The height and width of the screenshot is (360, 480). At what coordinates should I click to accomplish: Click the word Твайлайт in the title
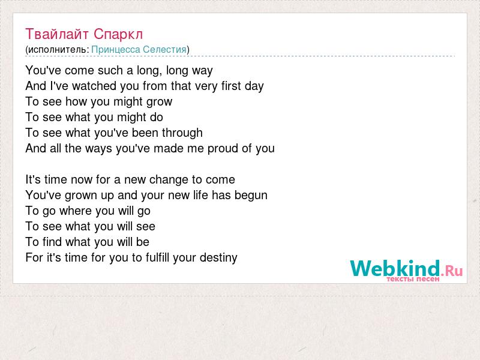(57, 34)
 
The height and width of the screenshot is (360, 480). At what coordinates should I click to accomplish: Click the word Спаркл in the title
(118, 34)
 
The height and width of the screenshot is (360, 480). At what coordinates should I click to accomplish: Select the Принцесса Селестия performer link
(139, 50)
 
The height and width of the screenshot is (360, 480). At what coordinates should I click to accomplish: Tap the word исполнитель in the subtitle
(57, 50)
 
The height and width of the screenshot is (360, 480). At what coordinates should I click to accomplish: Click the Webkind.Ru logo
(406, 270)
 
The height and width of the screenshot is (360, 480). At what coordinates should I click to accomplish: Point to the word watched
(94, 86)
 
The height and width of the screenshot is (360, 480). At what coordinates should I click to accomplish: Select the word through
(182, 133)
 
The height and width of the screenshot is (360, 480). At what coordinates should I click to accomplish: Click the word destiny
(218, 258)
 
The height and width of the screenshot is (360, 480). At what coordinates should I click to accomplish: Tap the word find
(52, 242)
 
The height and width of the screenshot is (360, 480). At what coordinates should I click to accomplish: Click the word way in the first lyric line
(202, 71)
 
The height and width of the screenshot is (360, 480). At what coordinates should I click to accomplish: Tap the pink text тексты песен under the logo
(413, 279)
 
